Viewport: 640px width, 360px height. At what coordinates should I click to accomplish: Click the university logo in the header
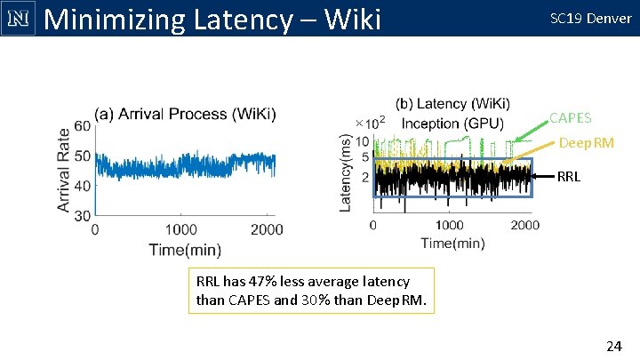click(x=18, y=18)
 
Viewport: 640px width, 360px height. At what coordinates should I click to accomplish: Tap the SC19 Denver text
click(x=590, y=18)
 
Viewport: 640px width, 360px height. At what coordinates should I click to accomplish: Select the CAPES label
click(x=570, y=117)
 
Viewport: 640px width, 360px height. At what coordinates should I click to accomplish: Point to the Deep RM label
click(x=586, y=143)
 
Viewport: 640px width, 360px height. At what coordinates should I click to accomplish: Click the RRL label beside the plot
click(x=571, y=176)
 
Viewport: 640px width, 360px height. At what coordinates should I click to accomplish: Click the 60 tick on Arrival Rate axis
click(x=83, y=126)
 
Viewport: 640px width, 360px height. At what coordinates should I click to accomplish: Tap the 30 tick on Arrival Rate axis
click(x=83, y=215)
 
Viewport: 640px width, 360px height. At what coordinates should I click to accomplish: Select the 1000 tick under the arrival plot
click(x=181, y=229)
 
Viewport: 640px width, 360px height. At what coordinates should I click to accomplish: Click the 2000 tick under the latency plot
click(x=524, y=225)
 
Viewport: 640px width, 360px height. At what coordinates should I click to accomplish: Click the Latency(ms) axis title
click(x=346, y=172)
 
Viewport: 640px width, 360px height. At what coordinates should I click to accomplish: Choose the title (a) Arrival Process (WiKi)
click(x=185, y=113)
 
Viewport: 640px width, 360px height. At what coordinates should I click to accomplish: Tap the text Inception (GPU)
click(x=452, y=123)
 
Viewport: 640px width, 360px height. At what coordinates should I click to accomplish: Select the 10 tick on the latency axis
click(x=363, y=141)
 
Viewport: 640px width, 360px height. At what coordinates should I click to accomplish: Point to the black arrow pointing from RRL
click(x=542, y=176)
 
